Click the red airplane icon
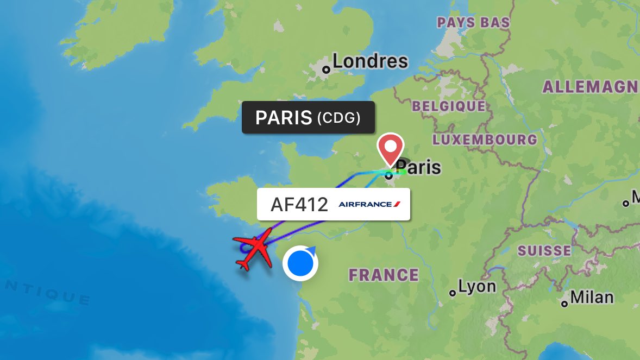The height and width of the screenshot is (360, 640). [x=254, y=249]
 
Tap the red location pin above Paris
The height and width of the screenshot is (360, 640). [x=391, y=148]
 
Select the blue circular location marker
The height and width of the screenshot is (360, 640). [x=300, y=263]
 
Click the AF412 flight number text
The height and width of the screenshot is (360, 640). [x=299, y=205]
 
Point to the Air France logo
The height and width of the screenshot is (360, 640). [x=369, y=204]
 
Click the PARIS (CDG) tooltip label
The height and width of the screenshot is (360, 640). [x=308, y=117]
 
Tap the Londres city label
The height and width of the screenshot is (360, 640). [x=370, y=61]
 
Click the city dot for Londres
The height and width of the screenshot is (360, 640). [x=326, y=70]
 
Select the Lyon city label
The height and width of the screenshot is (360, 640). [x=477, y=286]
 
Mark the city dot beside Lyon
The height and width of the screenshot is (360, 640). [x=453, y=293]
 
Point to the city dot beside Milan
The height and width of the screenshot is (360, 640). [x=565, y=304]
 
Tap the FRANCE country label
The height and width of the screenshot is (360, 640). [x=384, y=275]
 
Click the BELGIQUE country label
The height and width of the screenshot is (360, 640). [x=448, y=106]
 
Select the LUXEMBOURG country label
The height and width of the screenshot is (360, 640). [x=485, y=140]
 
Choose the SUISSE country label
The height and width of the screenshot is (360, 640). [x=544, y=251]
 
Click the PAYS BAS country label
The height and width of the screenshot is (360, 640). [x=474, y=23]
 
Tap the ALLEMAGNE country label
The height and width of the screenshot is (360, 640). [x=591, y=87]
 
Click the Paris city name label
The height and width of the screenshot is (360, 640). [x=418, y=167]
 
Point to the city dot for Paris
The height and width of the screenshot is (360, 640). [x=389, y=175]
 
